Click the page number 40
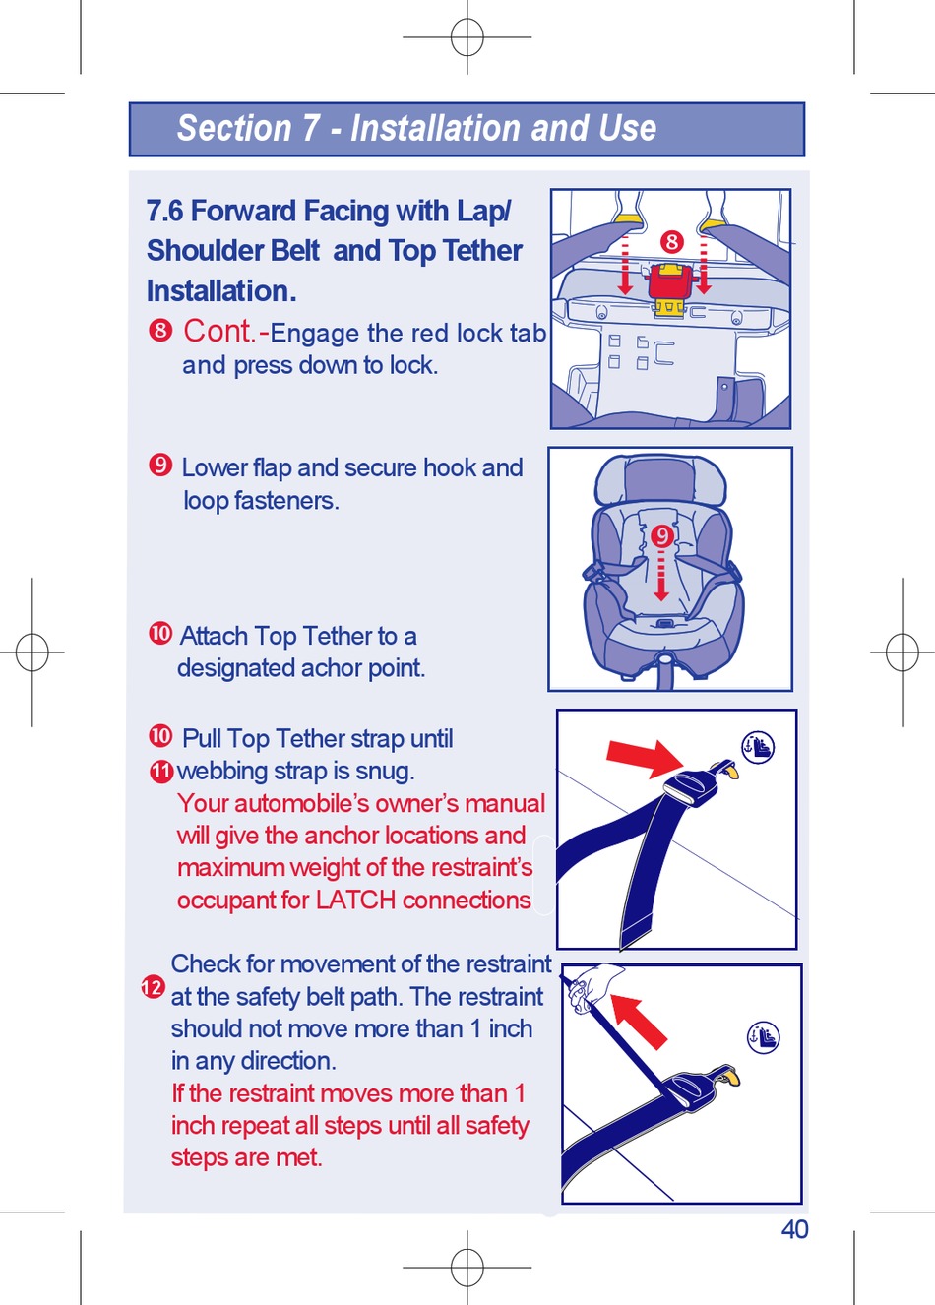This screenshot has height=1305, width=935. tap(794, 1229)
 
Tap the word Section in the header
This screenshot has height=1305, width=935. tap(234, 129)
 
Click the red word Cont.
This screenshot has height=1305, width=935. tap(220, 332)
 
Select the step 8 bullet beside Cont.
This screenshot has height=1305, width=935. tap(160, 331)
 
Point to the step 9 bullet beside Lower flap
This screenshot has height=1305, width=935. tap(160, 466)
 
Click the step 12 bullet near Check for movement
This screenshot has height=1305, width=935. tap(153, 987)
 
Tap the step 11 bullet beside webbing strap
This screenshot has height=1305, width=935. tap(161, 772)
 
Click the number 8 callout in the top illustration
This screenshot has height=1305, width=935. tap(671, 241)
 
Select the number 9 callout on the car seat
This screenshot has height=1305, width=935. tap(662, 536)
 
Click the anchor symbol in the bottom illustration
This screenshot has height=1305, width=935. tap(763, 1037)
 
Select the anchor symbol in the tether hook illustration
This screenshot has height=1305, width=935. tap(758, 747)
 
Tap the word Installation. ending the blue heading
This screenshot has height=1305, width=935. tap(221, 291)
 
